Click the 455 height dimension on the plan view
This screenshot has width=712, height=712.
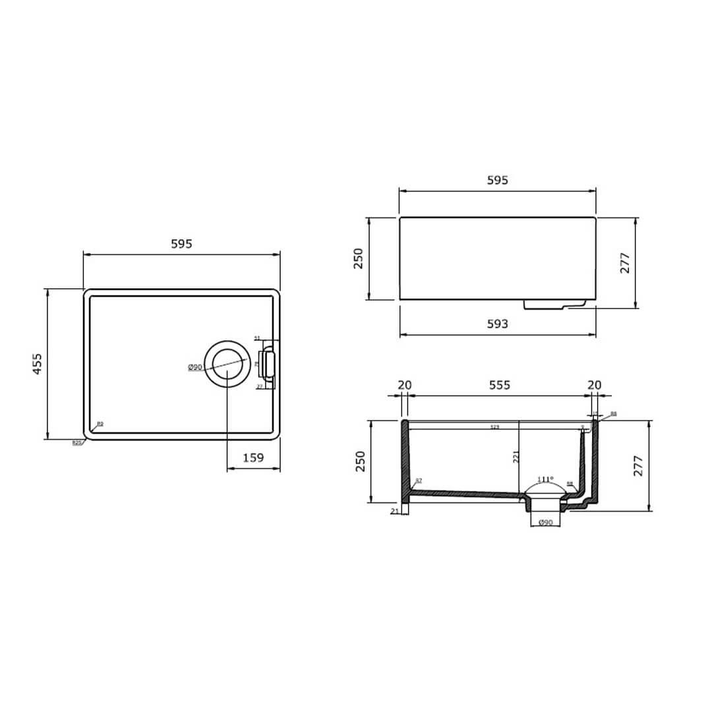pos(38,364)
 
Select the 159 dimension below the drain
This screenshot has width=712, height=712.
pos(253,457)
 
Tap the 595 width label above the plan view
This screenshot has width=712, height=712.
pos(181,244)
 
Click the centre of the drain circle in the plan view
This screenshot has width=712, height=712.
pos(227,364)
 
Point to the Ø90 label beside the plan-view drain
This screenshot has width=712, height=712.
pos(194,367)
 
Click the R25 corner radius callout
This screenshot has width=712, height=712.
pos(77,443)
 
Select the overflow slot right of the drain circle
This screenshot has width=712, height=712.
pos(268,364)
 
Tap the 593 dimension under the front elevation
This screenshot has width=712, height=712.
pos(498,324)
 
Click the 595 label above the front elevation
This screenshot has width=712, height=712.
pos(498,181)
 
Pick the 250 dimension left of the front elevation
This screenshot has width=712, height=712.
pos(359,258)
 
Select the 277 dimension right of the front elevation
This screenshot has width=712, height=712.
pos(626,263)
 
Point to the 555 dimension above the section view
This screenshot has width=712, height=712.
pos(499,385)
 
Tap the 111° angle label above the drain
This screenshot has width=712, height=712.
pos(545,479)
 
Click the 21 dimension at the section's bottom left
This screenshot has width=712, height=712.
pos(395,512)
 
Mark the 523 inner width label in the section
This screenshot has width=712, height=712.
pos(494,427)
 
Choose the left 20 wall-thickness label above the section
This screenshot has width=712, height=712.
pos(405,385)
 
